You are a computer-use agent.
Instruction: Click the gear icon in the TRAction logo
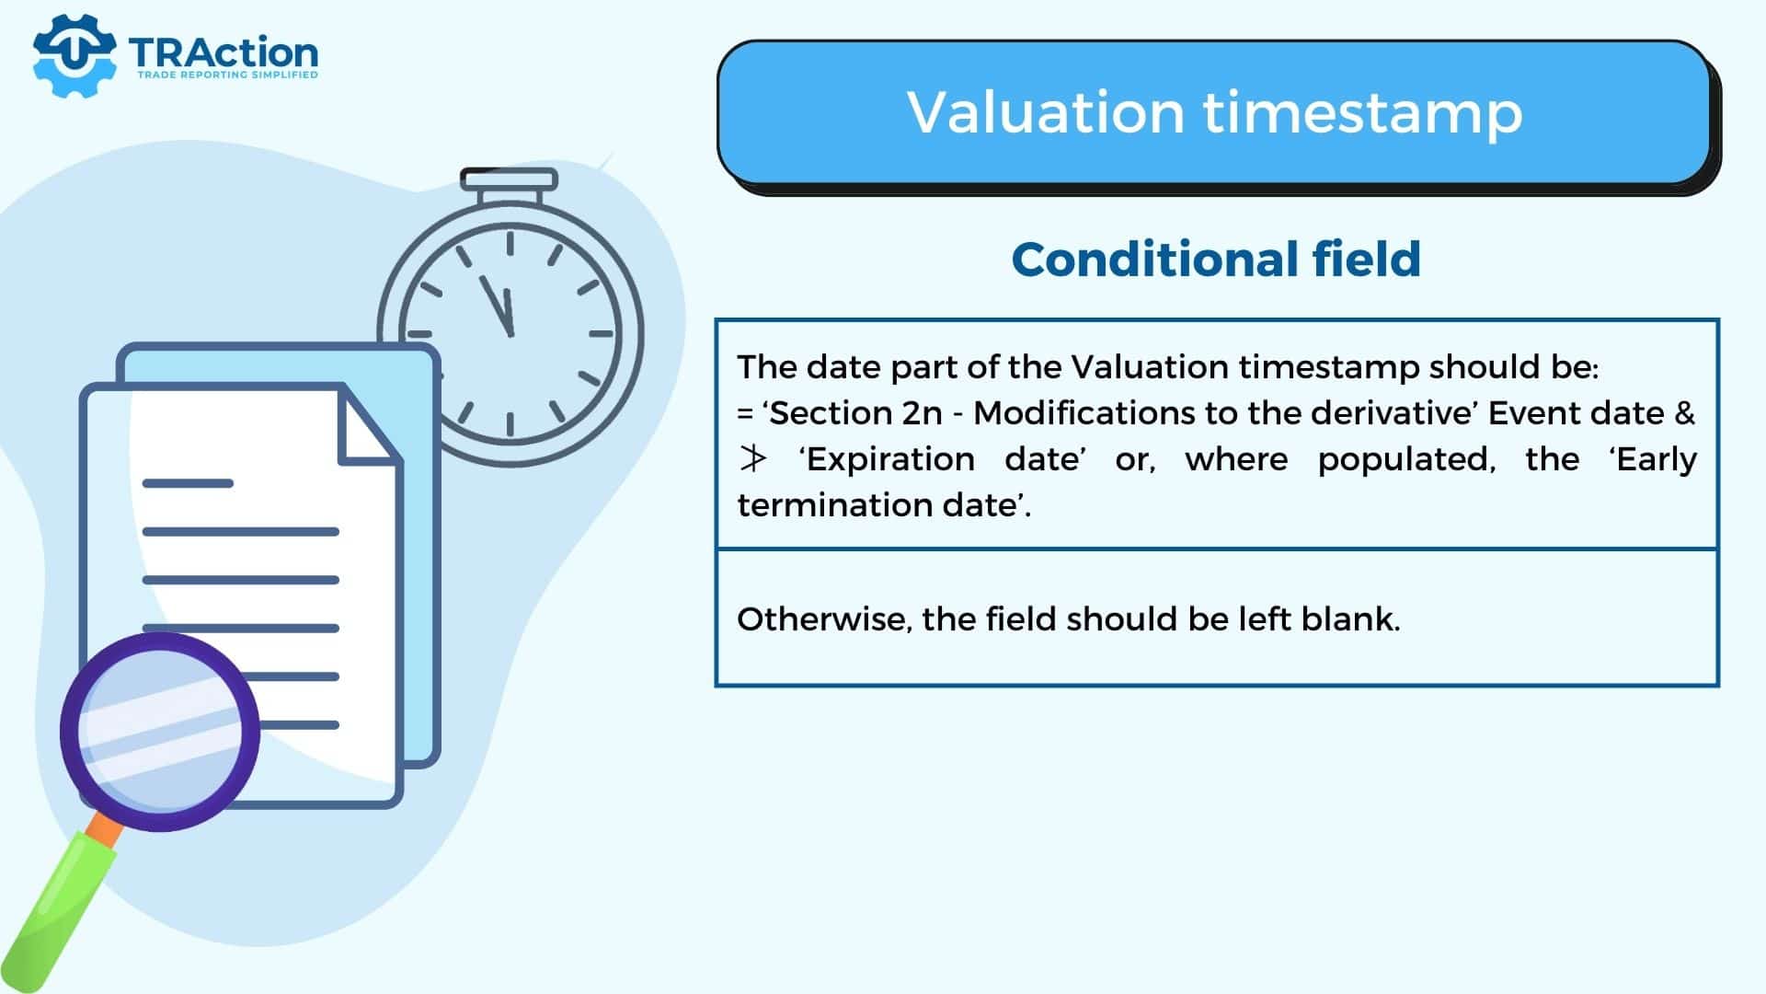75,55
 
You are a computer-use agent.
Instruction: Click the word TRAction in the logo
224,52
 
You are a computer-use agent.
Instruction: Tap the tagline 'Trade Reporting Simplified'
227,75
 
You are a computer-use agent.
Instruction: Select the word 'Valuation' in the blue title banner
1045,112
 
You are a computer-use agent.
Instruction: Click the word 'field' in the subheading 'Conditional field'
1367,259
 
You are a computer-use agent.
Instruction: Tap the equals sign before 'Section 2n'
745,413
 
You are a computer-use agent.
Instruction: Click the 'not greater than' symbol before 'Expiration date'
752,458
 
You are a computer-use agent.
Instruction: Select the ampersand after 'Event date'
1685,412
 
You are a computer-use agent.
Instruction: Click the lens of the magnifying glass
160,732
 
